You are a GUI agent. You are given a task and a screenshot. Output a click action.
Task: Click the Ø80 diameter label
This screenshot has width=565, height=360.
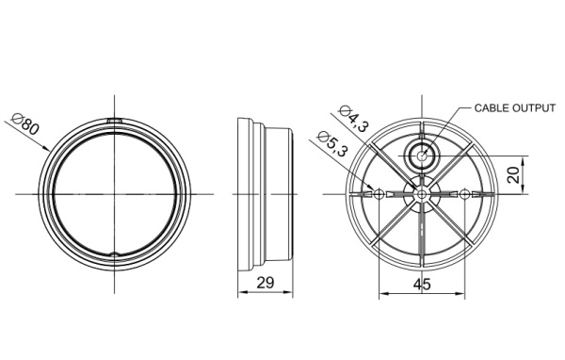coord(24,124)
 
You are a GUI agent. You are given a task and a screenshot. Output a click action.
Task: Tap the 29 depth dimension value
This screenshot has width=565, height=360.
coord(266,283)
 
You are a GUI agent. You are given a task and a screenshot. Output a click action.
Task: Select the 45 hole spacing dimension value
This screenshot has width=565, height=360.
coord(422,285)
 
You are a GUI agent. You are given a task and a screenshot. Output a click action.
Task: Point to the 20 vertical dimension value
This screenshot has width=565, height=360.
coord(514,175)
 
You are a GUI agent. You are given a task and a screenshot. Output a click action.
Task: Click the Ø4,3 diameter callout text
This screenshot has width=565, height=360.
coord(354,119)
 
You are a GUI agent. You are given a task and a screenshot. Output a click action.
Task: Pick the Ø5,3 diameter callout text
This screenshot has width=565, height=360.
coord(332,144)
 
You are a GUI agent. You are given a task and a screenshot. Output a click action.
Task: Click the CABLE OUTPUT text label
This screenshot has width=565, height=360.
coord(515,107)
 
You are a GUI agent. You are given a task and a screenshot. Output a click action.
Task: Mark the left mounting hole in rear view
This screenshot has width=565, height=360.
coord(379,195)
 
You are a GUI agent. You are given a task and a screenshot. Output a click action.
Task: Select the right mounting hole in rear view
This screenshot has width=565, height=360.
coord(465,195)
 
